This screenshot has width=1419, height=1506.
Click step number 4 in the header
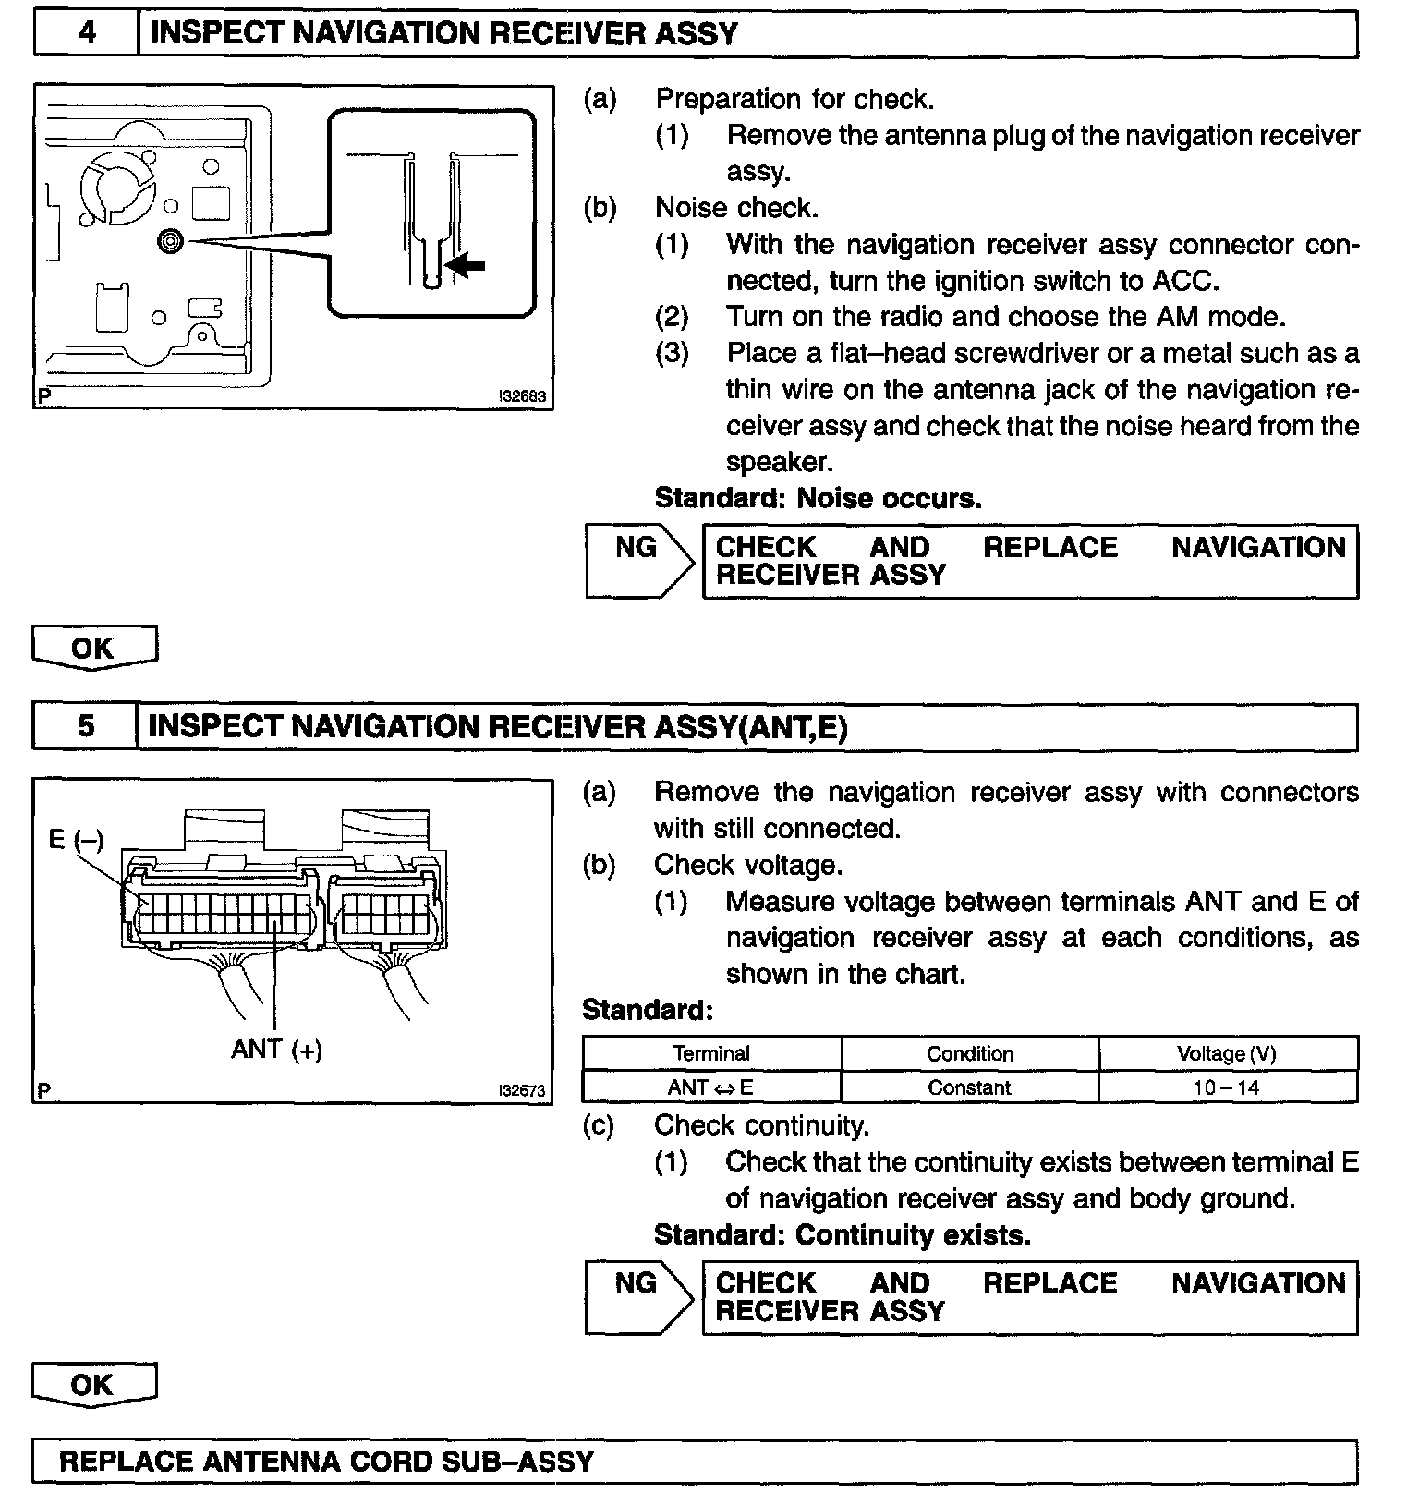[x=86, y=34]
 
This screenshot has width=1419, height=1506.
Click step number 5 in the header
[x=86, y=726]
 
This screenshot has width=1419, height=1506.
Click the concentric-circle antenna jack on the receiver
[x=172, y=241]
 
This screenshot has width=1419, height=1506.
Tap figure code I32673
[x=523, y=1090]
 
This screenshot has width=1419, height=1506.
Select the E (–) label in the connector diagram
[x=76, y=839]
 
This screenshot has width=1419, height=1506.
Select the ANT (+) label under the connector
[x=277, y=1050]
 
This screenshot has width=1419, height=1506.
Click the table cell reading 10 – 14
[x=1226, y=1087]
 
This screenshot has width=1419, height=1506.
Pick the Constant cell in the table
[x=970, y=1087]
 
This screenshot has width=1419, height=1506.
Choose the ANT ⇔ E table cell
[x=710, y=1087]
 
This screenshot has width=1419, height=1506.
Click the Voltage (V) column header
[x=1226, y=1054]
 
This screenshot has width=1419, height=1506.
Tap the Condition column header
[x=970, y=1054]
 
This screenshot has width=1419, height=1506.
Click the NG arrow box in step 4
[x=637, y=560]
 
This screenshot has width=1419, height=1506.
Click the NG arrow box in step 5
[x=637, y=1296]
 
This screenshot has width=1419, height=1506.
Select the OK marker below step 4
[x=93, y=649]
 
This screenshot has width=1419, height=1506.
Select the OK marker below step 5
[x=93, y=1385]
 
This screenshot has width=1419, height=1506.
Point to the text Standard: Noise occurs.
[x=818, y=499]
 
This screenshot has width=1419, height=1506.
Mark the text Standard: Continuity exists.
[x=842, y=1235]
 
